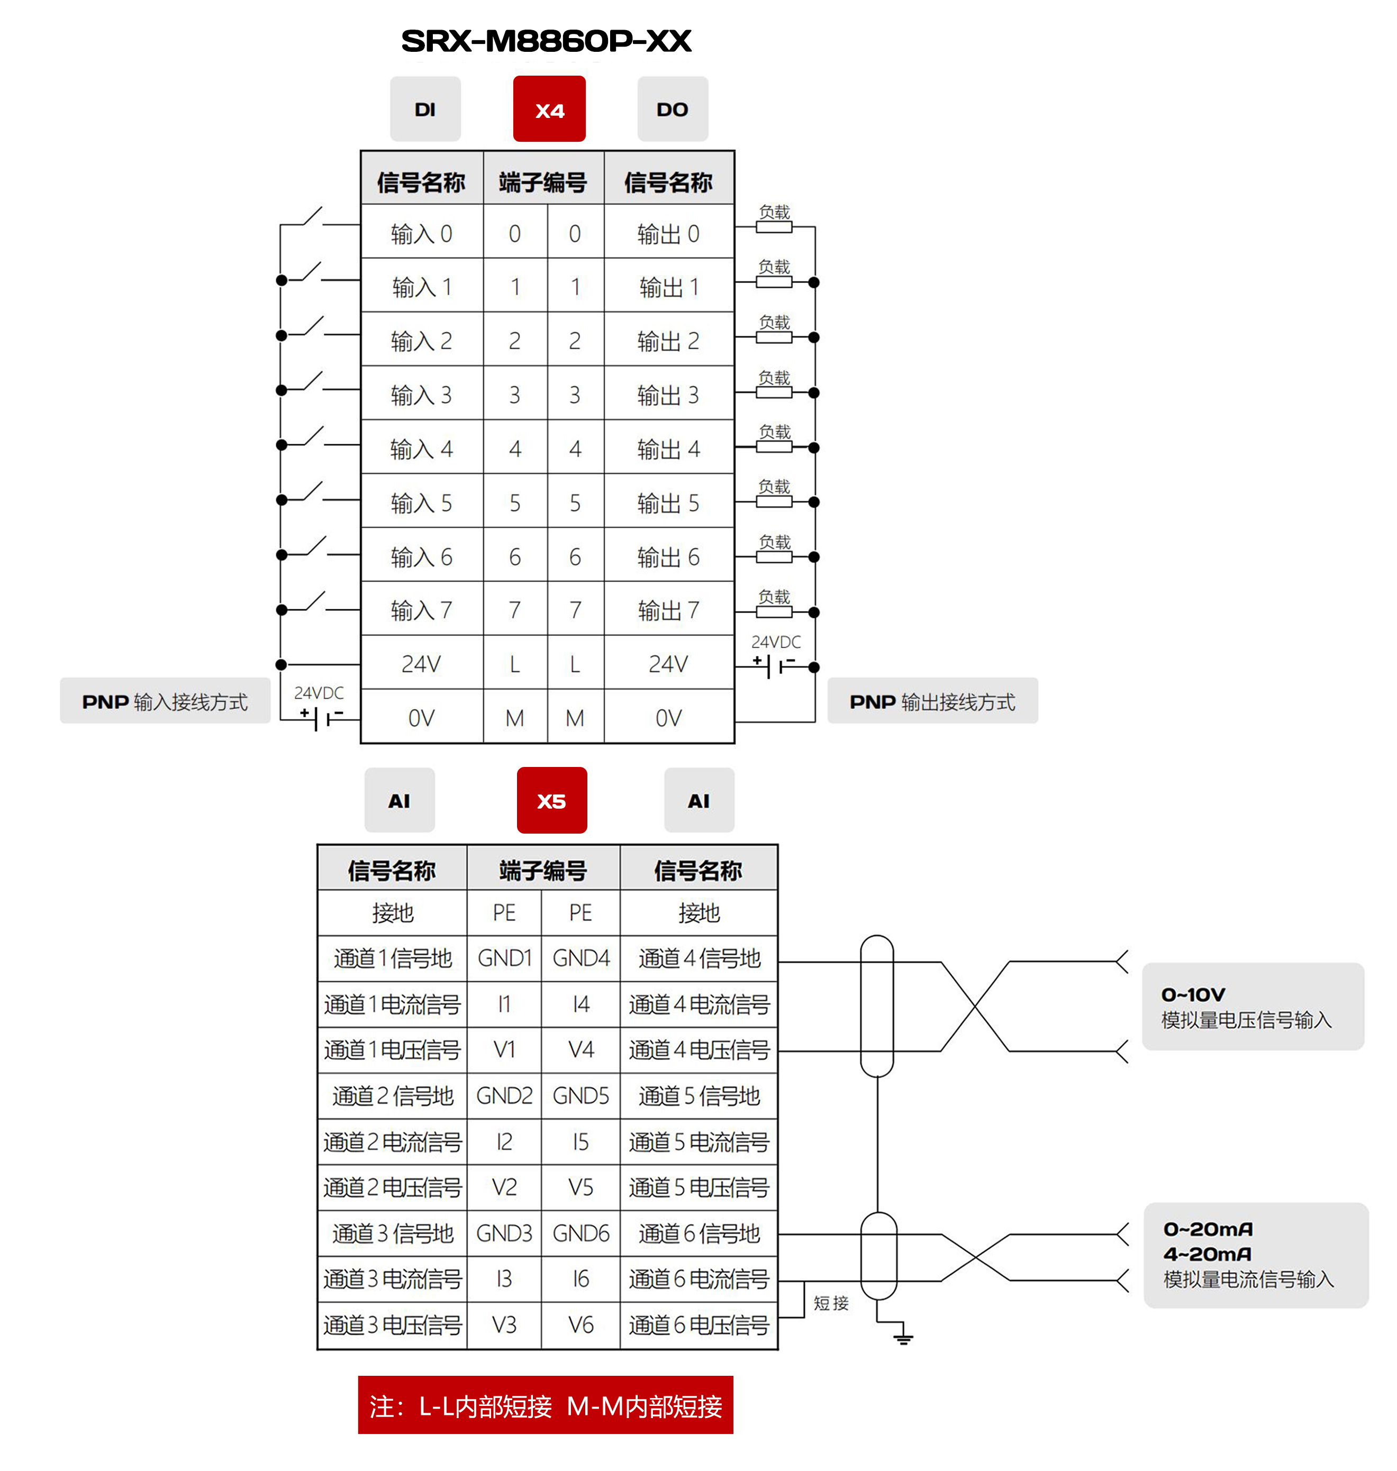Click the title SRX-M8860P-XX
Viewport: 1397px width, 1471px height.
[546, 41]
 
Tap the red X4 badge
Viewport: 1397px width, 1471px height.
[549, 109]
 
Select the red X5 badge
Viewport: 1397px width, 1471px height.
[551, 800]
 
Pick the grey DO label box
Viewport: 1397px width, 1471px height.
[672, 109]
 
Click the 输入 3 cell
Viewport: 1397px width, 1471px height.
[422, 395]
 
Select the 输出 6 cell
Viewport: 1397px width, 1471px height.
[668, 557]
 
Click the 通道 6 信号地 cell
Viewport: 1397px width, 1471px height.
[698, 1234]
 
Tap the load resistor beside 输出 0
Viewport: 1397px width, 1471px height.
[774, 227]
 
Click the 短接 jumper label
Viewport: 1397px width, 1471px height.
[830, 1303]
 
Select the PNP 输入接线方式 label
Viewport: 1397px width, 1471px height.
[165, 701]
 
